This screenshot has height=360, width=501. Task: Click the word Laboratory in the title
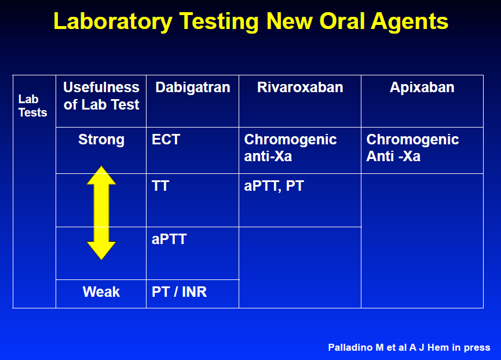pos(113,22)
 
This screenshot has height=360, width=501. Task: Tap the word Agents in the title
pos(409,22)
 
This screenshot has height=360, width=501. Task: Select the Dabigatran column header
pos(193,88)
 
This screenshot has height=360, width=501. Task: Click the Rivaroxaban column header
pos(300,88)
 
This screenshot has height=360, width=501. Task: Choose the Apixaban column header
pos(422,88)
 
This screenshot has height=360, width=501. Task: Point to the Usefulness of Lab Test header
pos(101,96)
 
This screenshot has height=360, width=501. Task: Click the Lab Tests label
pos(32,106)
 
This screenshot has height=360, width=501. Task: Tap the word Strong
pos(101,140)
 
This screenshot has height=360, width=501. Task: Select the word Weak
pos(101,292)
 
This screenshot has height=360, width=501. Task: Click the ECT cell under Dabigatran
pos(166,139)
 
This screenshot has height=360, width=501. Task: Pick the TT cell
pos(160,186)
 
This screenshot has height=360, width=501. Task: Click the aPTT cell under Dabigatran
pos(169,239)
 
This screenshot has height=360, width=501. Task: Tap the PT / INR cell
pos(179,292)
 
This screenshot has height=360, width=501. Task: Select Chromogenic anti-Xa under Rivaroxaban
pos(290,148)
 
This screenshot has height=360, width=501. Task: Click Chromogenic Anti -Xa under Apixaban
pos(412,148)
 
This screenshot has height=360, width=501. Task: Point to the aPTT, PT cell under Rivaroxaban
pos(274,186)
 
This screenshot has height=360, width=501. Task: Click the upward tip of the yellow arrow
pos(101,166)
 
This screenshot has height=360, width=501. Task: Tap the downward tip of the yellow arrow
pos(101,259)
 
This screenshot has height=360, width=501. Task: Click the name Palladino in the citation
pos(351,347)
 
